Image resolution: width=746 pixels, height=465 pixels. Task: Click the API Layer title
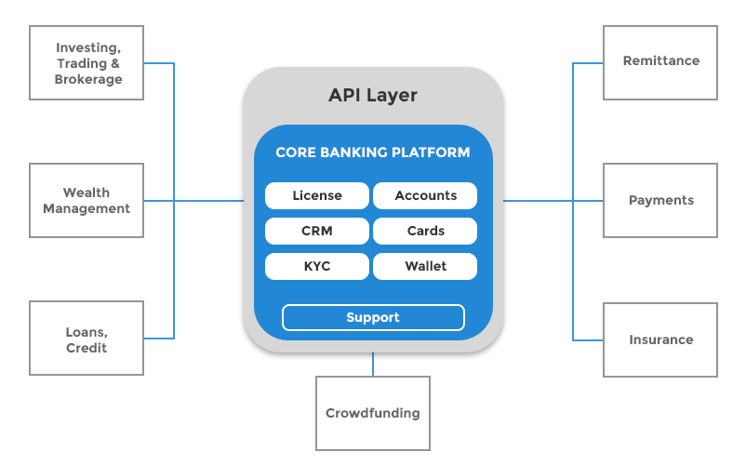pyautogui.click(x=372, y=95)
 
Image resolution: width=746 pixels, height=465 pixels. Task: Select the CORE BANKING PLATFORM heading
pyautogui.click(x=372, y=153)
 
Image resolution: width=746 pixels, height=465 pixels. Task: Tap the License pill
pyautogui.click(x=317, y=195)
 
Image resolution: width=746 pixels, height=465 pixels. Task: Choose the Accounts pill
pyautogui.click(x=425, y=195)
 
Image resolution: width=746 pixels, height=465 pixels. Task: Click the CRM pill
pyautogui.click(x=317, y=231)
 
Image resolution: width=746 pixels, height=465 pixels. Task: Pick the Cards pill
pyautogui.click(x=425, y=231)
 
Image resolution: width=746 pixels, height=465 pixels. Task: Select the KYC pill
pyautogui.click(x=317, y=266)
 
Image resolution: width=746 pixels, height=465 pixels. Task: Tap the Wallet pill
pyautogui.click(x=425, y=266)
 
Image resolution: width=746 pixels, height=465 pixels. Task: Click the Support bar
pyautogui.click(x=372, y=317)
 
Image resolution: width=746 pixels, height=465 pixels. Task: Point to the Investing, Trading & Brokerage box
pyautogui.click(x=87, y=63)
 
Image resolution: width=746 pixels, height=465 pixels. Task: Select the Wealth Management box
pyautogui.click(x=87, y=201)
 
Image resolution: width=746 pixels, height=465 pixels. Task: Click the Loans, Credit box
pyautogui.click(x=87, y=339)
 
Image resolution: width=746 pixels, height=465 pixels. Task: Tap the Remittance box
pyautogui.click(x=660, y=61)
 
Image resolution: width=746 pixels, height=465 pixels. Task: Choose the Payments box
pyautogui.click(x=660, y=201)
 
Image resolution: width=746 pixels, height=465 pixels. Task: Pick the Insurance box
pyautogui.click(x=660, y=339)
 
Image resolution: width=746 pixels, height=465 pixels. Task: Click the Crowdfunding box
pyautogui.click(x=372, y=413)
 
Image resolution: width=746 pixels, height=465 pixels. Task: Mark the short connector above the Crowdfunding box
pyautogui.click(x=373, y=365)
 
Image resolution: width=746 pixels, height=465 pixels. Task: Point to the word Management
pyautogui.click(x=87, y=209)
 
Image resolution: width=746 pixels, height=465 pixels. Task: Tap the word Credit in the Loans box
pyautogui.click(x=87, y=348)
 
